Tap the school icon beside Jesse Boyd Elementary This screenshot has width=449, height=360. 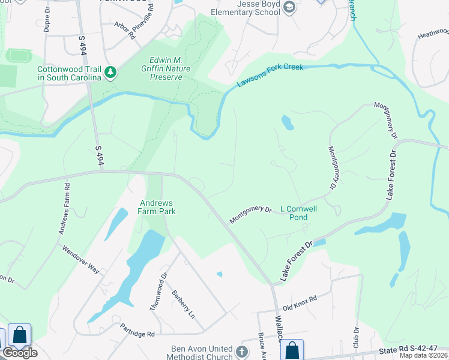[x=289, y=7]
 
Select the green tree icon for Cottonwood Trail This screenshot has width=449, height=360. [x=110, y=73]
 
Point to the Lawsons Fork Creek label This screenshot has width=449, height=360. [x=270, y=74]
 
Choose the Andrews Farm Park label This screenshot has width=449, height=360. [x=157, y=207]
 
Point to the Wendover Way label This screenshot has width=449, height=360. [x=80, y=259]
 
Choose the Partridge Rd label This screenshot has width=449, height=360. [x=137, y=330]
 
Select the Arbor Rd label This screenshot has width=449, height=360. [x=125, y=31]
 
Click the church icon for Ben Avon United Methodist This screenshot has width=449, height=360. [x=242, y=352]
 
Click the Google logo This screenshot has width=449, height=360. [x=20, y=353]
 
